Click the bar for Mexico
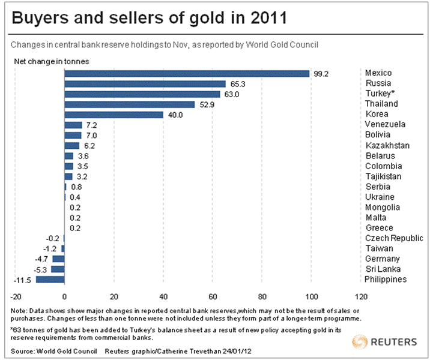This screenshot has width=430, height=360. [186, 73]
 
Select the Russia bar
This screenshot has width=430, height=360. [145, 84]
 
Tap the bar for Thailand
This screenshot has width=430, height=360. [129, 104]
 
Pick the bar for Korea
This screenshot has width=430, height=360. [114, 115]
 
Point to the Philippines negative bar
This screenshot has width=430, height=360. [50, 280]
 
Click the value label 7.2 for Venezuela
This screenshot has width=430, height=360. [92, 125]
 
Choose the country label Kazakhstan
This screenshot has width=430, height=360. [387, 146]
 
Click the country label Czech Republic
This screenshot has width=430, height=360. [393, 238]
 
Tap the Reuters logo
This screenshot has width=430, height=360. [384, 342]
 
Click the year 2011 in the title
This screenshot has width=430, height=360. [263, 19]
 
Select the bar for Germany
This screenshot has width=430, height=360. [58, 259]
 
